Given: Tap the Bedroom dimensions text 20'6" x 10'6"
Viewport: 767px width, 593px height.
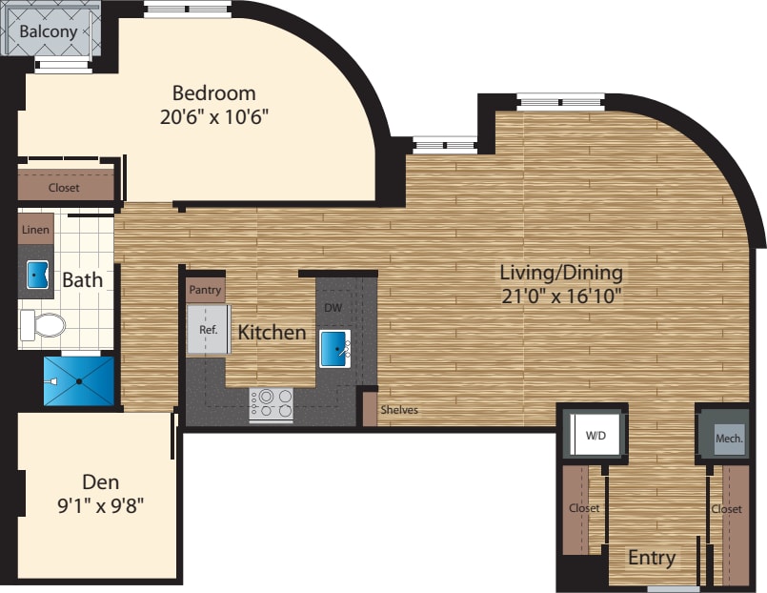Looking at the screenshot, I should point(214,117).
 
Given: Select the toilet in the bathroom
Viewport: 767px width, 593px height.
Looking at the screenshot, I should point(44,326).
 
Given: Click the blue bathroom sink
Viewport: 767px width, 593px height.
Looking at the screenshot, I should point(38,275).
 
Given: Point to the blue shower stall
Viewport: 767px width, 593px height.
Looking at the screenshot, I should point(79,380).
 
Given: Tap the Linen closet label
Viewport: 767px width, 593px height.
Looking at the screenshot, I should point(35,231).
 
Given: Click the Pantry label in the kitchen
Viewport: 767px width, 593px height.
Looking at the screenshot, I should point(205,290).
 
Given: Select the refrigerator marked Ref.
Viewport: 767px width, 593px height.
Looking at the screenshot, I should point(209,330).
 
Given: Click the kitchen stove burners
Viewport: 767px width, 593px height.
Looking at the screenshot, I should point(271,402).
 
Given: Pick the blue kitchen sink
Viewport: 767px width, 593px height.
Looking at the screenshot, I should point(334,347).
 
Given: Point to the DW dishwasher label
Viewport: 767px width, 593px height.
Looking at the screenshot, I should point(333,308).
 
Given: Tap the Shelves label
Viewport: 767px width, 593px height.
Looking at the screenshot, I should point(399,411).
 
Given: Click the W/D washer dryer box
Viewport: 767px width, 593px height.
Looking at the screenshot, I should point(595,437).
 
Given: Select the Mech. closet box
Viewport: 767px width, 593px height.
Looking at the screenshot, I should point(728,439).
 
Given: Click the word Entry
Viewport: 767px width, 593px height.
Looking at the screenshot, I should point(652,558).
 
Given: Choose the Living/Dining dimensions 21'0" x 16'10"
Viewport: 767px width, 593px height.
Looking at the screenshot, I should point(561,296).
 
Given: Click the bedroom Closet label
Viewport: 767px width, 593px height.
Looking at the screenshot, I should point(64,188).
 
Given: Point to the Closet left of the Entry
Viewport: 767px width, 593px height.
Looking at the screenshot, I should point(583,508).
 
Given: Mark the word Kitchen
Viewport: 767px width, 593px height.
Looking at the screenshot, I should point(272,333).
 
